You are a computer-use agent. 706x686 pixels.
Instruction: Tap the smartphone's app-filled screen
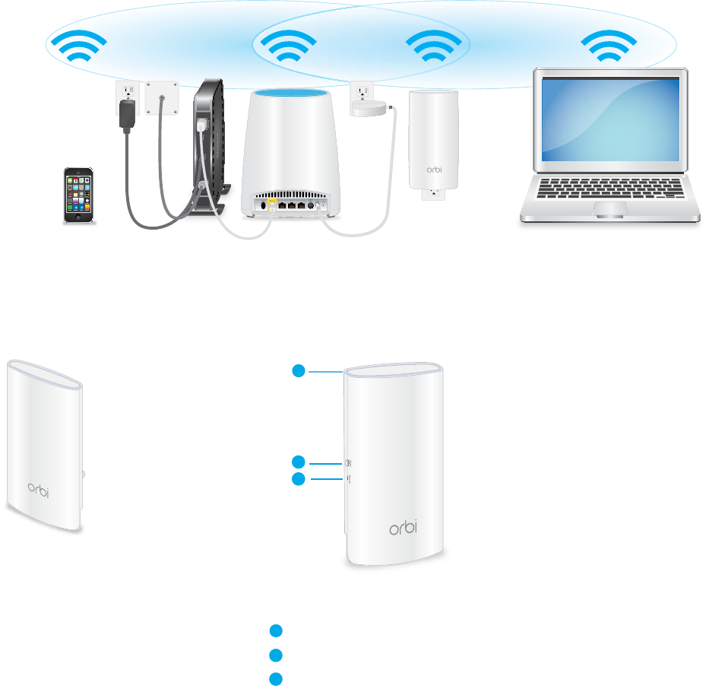point(80,192)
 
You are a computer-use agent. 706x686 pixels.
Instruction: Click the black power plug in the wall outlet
point(126,114)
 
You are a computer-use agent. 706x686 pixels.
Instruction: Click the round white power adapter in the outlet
point(370,109)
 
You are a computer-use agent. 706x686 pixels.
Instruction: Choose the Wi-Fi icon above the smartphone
point(84,47)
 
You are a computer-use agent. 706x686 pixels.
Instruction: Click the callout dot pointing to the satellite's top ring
point(299,371)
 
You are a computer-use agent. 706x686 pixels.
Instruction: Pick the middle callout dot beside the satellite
point(299,462)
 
